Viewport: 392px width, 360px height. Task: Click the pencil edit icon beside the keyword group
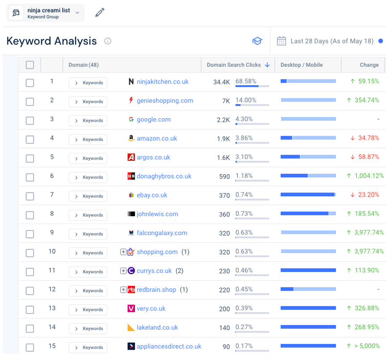tap(100, 13)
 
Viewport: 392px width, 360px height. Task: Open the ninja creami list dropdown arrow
tap(77, 13)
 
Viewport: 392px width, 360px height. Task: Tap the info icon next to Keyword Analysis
tap(108, 41)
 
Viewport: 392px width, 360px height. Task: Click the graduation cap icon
tap(257, 41)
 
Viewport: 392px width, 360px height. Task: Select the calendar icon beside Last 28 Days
tap(281, 41)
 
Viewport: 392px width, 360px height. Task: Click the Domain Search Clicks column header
tap(234, 65)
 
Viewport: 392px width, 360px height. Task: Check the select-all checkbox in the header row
tap(30, 65)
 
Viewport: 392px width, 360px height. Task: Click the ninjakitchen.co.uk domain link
tap(162, 81)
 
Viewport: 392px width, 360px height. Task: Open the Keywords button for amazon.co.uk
tap(88, 139)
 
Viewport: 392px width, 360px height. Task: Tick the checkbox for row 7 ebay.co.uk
tap(30, 196)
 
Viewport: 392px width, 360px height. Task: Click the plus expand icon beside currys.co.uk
tap(123, 271)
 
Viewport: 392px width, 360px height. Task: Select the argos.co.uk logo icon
tap(131, 157)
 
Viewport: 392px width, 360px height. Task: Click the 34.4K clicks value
tap(221, 82)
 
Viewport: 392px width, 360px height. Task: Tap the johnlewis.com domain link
tap(157, 214)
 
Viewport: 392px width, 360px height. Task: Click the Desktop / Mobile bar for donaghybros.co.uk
tap(308, 176)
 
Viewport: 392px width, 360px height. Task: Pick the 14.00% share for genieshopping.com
tap(246, 100)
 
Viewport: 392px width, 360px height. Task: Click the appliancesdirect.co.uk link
tap(169, 346)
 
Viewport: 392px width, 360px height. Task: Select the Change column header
tap(369, 65)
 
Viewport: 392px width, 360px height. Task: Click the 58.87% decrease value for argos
tap(368, 157)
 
